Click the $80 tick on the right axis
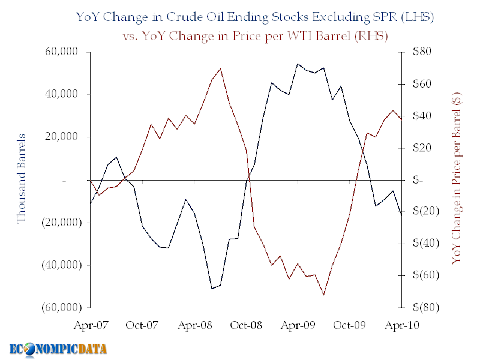(415, 52)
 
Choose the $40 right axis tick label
(415, 116)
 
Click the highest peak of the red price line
(220, 68)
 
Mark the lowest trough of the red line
(323, 295)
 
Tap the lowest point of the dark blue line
(212, 289)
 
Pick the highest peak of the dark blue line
(298, 63)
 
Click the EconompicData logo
(58, 348)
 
